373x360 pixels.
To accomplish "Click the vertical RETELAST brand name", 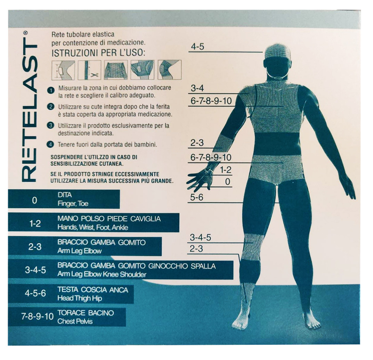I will coord(30,106).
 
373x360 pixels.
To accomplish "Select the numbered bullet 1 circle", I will coord(51,90).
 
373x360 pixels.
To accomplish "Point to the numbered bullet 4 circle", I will coord(51,144).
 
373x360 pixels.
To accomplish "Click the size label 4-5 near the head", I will coord(197,47).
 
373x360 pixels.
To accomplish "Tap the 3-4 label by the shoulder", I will coord(197,88).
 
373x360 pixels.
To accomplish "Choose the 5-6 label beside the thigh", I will coord(196,197).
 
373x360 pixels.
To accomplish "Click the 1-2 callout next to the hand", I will coord(226,170).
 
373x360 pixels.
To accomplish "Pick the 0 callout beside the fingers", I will coord(227,181).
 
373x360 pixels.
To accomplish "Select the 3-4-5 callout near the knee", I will coord(200,238).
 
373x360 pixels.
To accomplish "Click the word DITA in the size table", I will coord(65,195).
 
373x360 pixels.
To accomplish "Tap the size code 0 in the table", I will coord(34,201).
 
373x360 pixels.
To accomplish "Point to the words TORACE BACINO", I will coord(86,313).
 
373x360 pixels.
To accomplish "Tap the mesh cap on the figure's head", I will coord(277,51).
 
